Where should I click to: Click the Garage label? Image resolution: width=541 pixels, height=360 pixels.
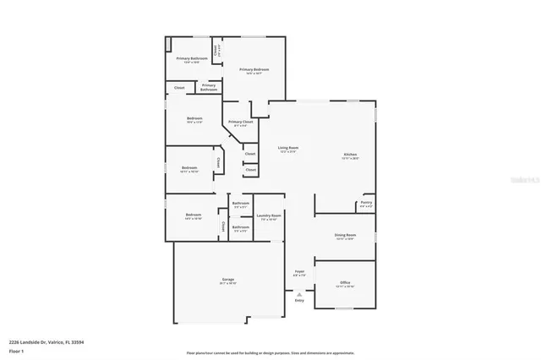point(228,279)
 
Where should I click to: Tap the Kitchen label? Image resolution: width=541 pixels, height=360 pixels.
point(350,155)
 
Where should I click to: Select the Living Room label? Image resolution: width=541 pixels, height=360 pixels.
point(289,148)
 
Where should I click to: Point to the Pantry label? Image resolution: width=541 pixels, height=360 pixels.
point(366,202)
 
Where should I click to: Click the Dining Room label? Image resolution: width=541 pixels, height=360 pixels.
point(345,235)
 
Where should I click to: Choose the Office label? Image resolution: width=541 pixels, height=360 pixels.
point(345,282)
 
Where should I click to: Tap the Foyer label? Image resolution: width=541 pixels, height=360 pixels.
point(299,271)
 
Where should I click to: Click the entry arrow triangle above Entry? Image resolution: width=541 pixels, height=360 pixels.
point(299,293)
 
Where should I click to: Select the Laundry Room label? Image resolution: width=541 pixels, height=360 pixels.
point(270,215)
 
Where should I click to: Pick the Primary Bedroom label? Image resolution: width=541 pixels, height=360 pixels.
point(254,69)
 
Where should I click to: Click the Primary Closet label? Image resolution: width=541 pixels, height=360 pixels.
point(240,122)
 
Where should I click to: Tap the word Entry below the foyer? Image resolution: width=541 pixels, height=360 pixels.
point(299,300)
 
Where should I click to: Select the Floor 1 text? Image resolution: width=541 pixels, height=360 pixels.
point(17,350)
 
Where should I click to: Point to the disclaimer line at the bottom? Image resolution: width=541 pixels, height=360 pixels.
point(270,352)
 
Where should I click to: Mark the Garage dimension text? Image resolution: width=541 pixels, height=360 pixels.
point(228,284)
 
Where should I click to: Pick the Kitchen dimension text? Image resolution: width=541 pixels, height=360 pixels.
point(350,159)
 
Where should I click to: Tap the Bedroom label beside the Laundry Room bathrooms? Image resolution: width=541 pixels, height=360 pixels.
point(194,215)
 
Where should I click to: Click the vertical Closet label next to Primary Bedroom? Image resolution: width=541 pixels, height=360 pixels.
point(217,50)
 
